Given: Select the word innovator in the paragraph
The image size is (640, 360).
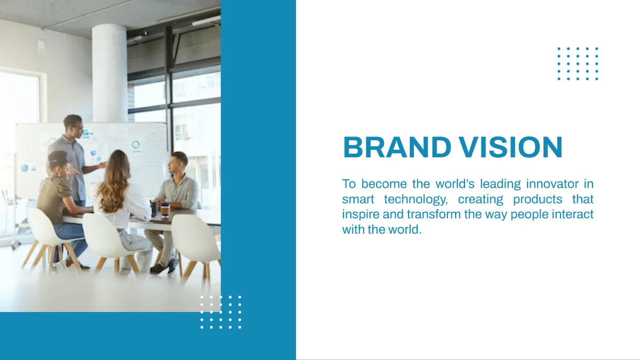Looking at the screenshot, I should (x=552, y=184).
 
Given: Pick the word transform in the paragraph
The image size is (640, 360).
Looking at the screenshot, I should (x=433, y=214).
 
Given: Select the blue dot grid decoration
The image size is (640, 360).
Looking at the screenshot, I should (x=578, y=63).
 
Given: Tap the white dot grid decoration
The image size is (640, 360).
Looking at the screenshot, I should (x=221, y=311).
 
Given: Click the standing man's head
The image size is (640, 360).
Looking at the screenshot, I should (x=74, y=124).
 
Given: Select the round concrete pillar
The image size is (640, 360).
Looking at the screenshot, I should (x=109, y=72).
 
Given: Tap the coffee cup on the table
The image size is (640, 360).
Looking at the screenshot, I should (x=165, y=210).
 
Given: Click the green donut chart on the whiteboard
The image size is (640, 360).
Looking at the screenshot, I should (x=135, y=145).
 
